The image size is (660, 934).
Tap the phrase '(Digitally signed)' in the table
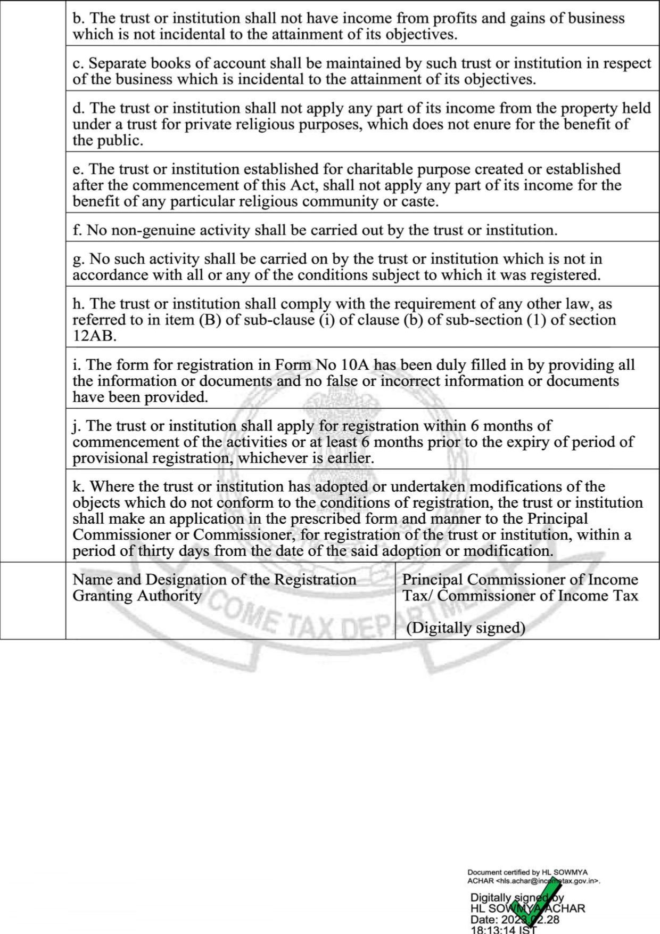click(x=466, y=628)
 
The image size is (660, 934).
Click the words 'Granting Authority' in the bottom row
click(x=137, y=595)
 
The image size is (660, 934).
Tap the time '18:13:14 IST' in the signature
click(x=504, y=930)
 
